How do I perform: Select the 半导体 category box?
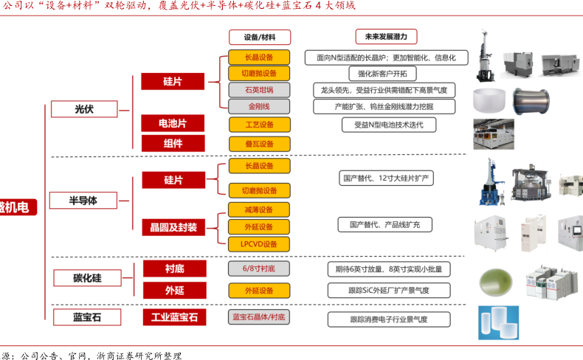pyautogui.click(x=83, y=201)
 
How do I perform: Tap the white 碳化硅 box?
pyautogui.click(x=86, y=278)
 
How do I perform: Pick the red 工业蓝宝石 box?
pyautogui.click(x=174, y=317)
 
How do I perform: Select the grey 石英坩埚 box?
pyautogui.click(x=258, y=90)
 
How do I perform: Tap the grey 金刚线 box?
pyautogui.click(x=258, y=106)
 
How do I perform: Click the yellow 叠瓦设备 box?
pyautogui.click(x=258, y=144)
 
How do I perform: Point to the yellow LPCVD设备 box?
pyautogui.click(x=258, y=244)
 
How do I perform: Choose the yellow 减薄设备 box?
pyautogui.click(x=258, y=210)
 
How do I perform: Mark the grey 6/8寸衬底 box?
pyautogui.click(x=258, y=269)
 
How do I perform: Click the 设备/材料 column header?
pyautogui.click(x=258, y=37)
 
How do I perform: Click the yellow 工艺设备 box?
pyautogui.click(x=258, y=124)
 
